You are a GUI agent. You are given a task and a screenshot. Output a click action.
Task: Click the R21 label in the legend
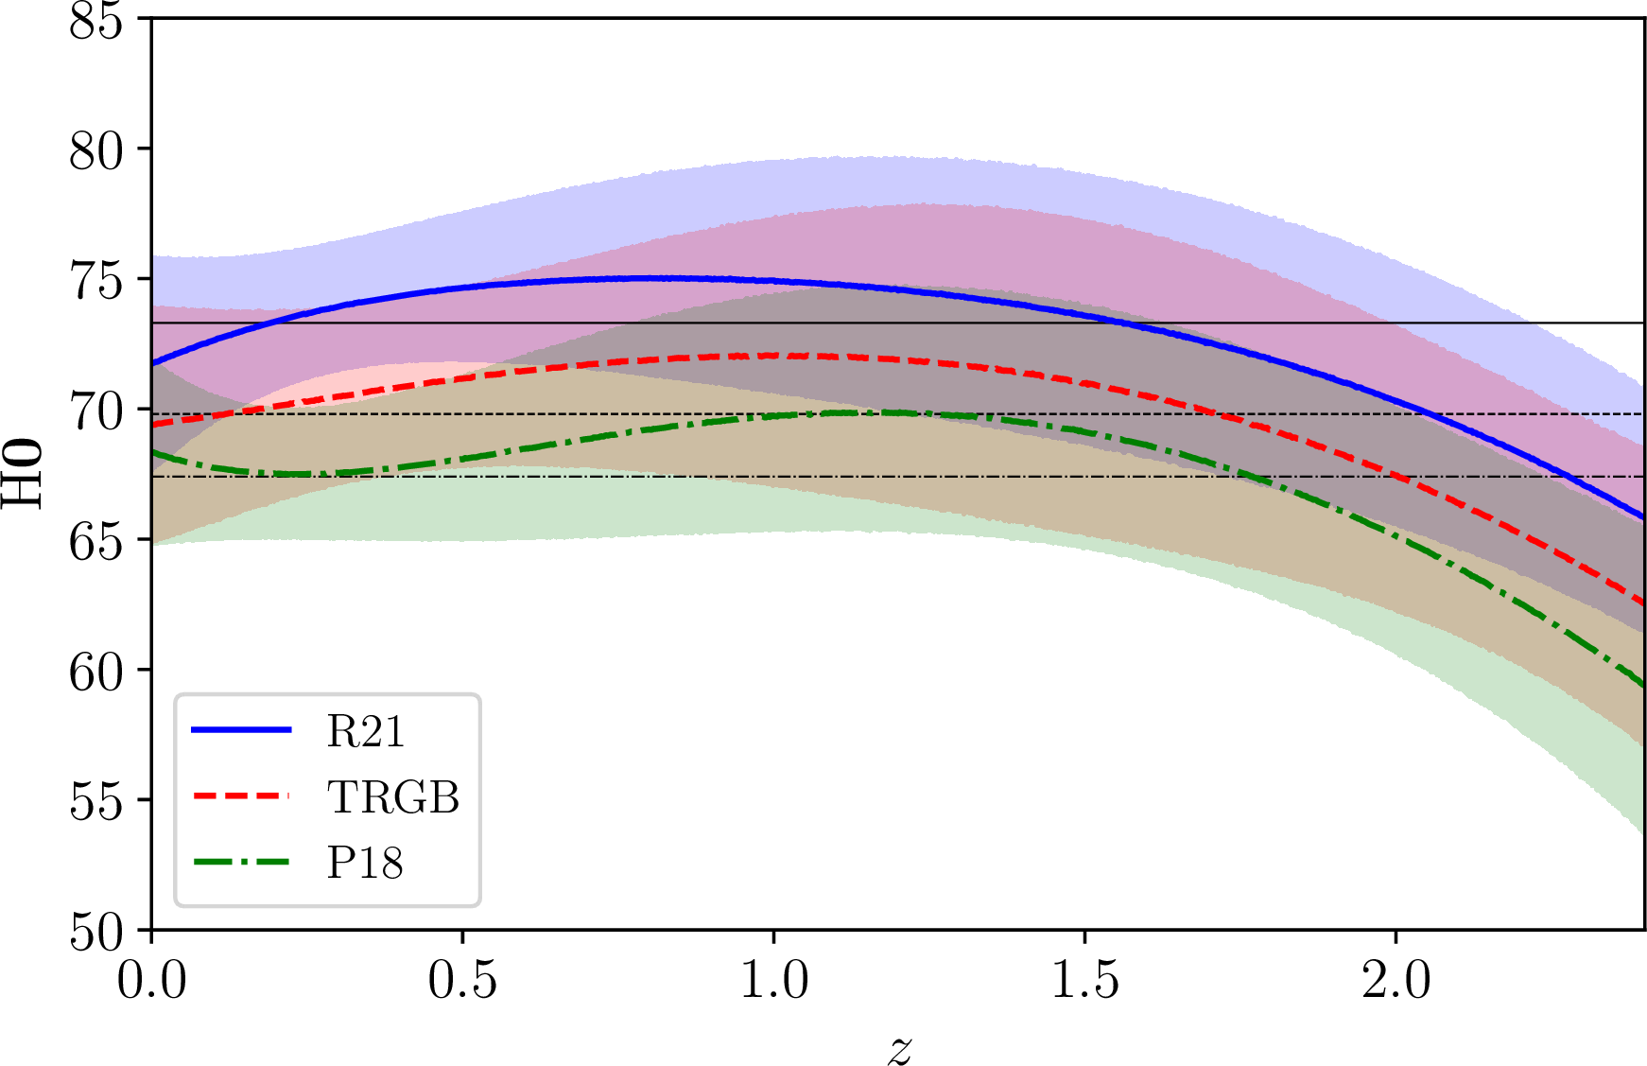tap(366, 731)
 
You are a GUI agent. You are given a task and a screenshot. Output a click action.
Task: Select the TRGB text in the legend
tap(393, 797)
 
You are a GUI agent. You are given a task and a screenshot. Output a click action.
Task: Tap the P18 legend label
tap(365, 863)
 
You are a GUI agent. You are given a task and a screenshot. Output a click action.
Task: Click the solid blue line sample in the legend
tap(241, 729)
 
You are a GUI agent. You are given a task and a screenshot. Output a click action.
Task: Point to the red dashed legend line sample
tap(241, 796)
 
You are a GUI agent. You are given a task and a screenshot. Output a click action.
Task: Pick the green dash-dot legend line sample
tap(241, 862)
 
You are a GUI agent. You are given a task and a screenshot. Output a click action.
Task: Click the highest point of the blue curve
tap(652, 278)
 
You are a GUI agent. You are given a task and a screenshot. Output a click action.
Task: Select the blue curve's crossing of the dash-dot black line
tap(1565, 477)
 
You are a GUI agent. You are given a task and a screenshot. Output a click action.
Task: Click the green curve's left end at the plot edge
tap(155, 452)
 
